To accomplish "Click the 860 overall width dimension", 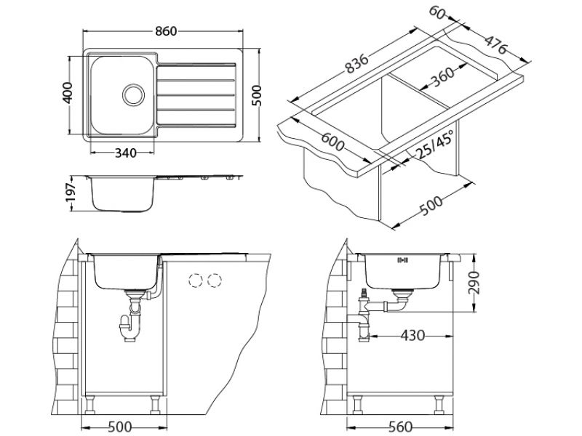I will coord(164,33).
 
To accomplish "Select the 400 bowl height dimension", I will coord(69,92).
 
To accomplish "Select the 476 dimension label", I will coord(496,45).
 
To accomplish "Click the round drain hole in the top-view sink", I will coord(133,94).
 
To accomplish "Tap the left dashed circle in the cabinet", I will coord(195,280).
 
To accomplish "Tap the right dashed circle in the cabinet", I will coord(214,280).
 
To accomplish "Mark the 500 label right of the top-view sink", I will coord(256,92).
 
